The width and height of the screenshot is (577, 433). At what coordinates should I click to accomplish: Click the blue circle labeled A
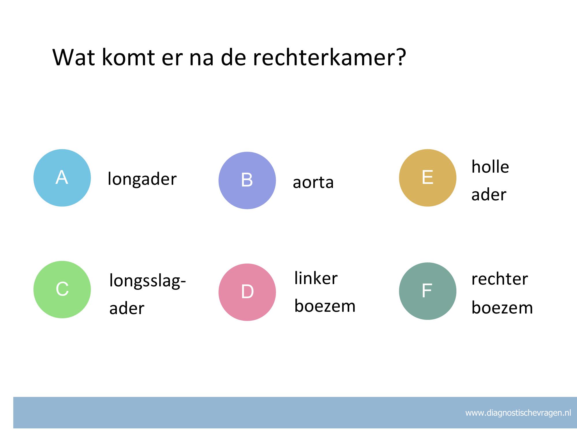[62, 178]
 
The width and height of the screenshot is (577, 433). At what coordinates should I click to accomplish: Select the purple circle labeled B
[247, 180]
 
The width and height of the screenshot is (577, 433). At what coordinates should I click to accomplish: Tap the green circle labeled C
[62, 290]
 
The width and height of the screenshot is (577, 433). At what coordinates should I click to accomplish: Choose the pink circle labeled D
[247, 292]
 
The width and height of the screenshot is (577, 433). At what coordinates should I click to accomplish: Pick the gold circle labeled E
[428, 178]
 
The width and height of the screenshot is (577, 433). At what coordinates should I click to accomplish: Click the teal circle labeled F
[428, 291]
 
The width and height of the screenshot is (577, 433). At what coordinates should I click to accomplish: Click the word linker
[316, 278]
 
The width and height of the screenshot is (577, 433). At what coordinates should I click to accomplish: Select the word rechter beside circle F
[500, 279]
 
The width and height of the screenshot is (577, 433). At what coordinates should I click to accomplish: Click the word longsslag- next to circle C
[147, 281]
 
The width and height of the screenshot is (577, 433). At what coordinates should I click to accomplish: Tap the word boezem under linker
[325, 306]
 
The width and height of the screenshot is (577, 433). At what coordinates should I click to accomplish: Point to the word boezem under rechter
[502, 307]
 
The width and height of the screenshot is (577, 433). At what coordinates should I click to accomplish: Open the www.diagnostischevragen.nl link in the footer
[518, 413]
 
